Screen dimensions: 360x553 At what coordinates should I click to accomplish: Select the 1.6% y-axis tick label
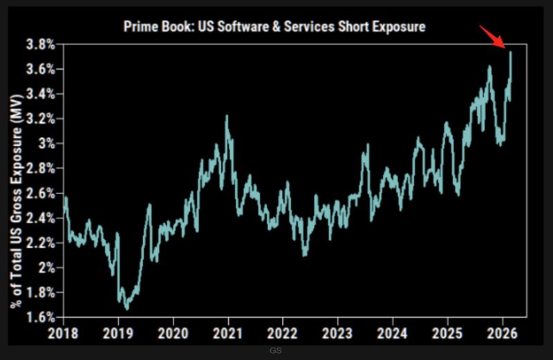pos(41,317)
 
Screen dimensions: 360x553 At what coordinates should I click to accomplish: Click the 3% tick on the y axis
pos(47,143)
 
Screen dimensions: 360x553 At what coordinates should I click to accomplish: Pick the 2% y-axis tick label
pos(47,267)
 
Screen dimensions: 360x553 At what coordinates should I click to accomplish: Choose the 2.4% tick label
pos(41,218)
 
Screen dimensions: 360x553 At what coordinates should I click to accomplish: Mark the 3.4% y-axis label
pos(41,94)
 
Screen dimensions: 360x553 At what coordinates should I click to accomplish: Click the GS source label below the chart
pos(276,352)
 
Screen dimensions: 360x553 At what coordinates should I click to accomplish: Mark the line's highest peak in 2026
pos(510,52)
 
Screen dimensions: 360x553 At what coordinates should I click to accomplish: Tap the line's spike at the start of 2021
pos(226,117)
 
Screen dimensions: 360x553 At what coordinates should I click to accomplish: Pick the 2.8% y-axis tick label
pos(41,168)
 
